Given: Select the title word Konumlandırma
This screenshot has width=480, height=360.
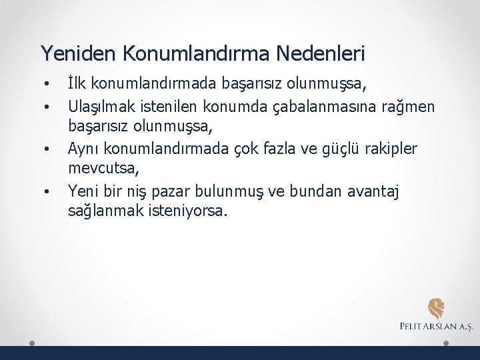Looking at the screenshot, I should tap(189, 53).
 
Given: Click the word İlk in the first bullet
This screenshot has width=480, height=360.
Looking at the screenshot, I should tap(77, 85).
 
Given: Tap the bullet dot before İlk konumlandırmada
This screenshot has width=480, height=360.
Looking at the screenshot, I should tap(47, 85).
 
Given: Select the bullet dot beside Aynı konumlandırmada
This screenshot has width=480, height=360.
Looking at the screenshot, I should tap(47, 150).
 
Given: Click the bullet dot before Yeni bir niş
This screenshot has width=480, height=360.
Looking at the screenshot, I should tap(47, 193).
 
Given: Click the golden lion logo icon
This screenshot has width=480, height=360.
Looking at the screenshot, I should tap(437, 308).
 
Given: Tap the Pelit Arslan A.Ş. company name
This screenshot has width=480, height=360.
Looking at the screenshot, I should tap(436, 327).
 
